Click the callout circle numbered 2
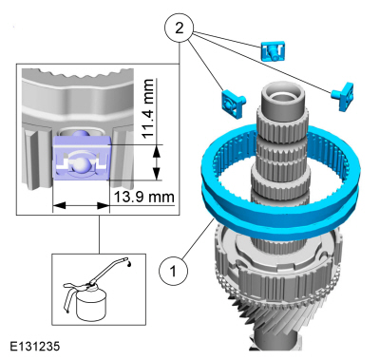point(180,28)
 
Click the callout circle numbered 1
point(173,271)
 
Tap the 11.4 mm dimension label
point(148,108)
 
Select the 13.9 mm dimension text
point(143,197)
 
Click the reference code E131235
point(34,346)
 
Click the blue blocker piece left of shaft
point(234,104)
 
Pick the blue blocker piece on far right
point(343,96)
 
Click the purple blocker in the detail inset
point(81,158)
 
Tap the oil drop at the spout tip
point(129,263)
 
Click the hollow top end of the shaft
point(282,94)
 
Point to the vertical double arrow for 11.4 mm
point(156,162)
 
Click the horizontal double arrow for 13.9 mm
point(81,205)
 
